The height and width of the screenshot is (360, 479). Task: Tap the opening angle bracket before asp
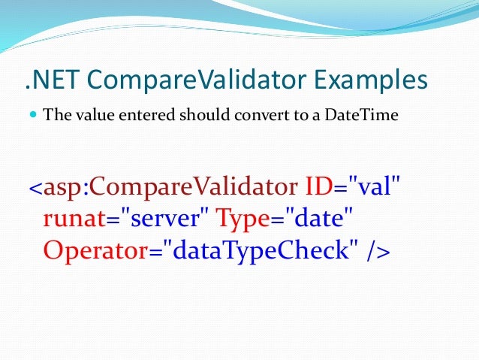[x=36, y=189]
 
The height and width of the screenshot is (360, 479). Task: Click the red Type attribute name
[x=242, y=219]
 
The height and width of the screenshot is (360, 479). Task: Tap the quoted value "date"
[x=315, y=219]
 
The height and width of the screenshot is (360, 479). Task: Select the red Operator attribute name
[x=93, y=251]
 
